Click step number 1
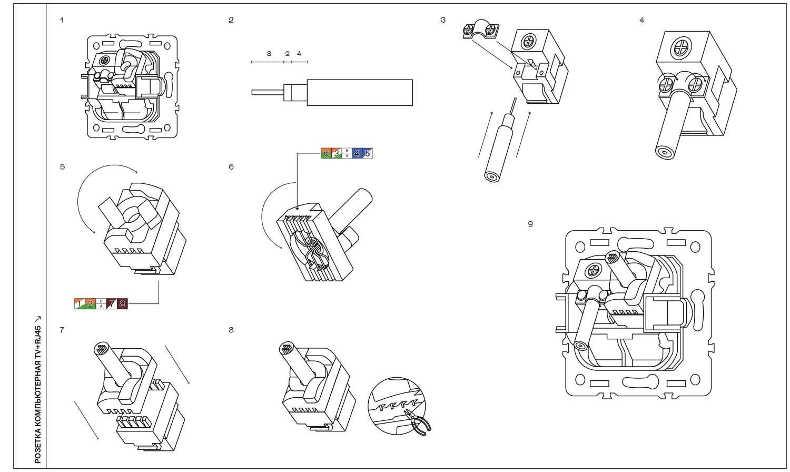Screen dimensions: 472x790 coord(62,20)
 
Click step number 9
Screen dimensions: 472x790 coord(530,224)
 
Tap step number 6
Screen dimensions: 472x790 coord(231,167)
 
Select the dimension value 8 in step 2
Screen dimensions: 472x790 coord(269,54)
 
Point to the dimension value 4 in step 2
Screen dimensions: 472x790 coord(299,54)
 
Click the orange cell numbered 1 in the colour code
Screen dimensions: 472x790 coord(80,304)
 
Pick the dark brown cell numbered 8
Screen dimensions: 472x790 coord(122,304)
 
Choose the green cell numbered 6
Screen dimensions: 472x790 coord(326,153)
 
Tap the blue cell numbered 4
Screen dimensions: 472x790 coord(357,153)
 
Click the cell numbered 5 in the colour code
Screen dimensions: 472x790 coord(368,153)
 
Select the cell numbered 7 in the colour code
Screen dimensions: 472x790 coord(112,304)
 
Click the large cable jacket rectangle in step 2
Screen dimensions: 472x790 coord(359,93)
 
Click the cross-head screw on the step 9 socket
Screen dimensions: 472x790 coord(594,271)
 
